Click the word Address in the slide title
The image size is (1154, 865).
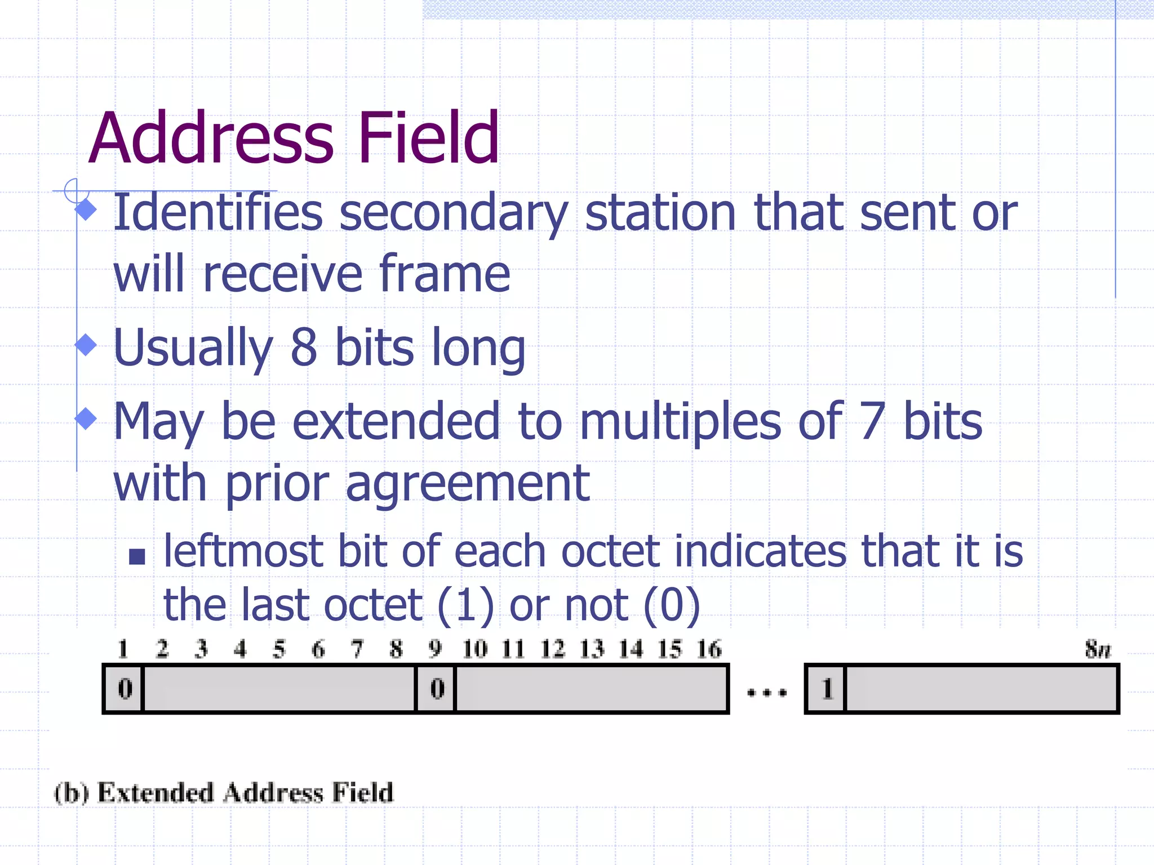pyautogui.click(x=211, y=138)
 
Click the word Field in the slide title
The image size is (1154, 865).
pyautogui.click(x=428, y=138)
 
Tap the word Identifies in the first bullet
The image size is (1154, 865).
pyautogui.click(x=218, y=213)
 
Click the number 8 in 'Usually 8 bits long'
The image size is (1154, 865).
pyautogui.click(x=304, y=347)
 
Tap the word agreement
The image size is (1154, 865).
pyautogui.click(x=467, y=484)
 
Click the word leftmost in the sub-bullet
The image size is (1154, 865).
pyautogui.click(x=243, y=551)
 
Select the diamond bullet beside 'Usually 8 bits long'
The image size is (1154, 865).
pyautogui.click(x=86, y=345)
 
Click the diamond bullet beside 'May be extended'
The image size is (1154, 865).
pyautogui.click(x=86, y=418)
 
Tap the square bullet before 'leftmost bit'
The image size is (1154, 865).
pyautogui.click(x=137, y=557)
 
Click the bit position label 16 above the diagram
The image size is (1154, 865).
pyautogui.click(x=709, y=649)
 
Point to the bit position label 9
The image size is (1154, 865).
pyautogui.click(x=435, y=649)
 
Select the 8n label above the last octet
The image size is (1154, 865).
pyautogui.click(x=1098, y=649)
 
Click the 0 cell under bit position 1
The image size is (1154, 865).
pyautogui.click(x=125, y=689)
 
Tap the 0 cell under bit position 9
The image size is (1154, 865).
pyautogui.click(x=437, y=689)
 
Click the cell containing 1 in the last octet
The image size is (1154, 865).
pyautogui.click(x=827, y=689)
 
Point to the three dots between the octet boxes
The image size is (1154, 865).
pyautogui.click(x=766, y=693)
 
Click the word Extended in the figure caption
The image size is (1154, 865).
pyautogui.click(x=156, y=793)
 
